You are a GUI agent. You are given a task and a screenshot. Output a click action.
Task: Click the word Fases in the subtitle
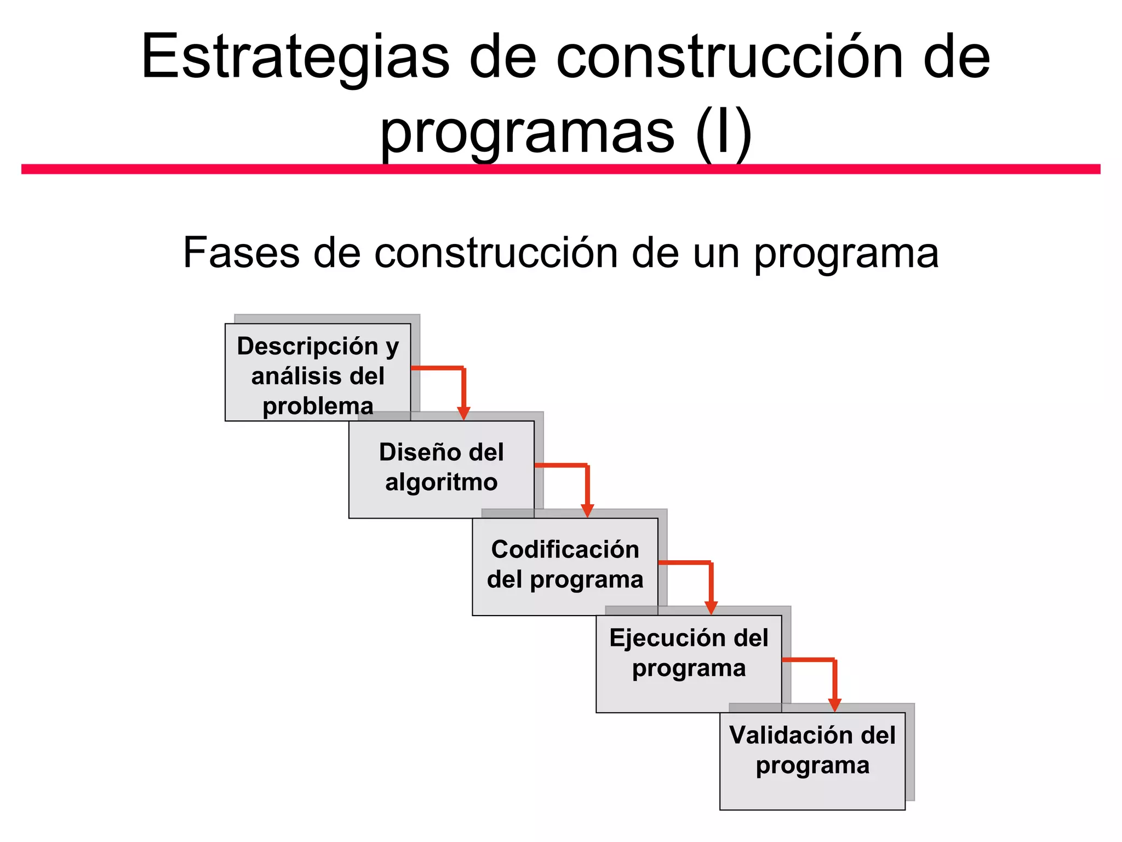(x=241, y=253)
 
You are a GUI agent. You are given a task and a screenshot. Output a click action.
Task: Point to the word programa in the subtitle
(x=846, y=254)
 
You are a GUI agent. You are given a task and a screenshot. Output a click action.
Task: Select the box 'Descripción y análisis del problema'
(x=318, y=372)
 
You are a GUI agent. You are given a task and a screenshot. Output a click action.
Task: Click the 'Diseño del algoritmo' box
(x=441, y=469)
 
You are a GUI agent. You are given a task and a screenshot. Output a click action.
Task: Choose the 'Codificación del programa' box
(x=565, y=566)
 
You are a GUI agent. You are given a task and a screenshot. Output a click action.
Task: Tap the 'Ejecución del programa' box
(x=689, y=663)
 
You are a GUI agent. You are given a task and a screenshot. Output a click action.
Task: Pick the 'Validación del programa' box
(x=812, y=761)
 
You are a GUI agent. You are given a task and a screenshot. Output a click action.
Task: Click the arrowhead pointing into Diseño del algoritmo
(x=463, y=413)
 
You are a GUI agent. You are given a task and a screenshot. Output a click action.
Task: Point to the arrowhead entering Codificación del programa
(x=587, y=510)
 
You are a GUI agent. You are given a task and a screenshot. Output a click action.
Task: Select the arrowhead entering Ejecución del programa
(x=711, y=607)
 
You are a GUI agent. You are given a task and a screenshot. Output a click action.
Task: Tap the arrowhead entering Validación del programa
(x=834, y=705)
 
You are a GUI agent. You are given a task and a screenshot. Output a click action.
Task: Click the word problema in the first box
(x=318, y=406)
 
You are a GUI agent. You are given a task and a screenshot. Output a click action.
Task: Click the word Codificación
(x=565, y=550)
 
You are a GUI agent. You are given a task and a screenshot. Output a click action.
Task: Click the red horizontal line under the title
(x=560, y=169)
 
